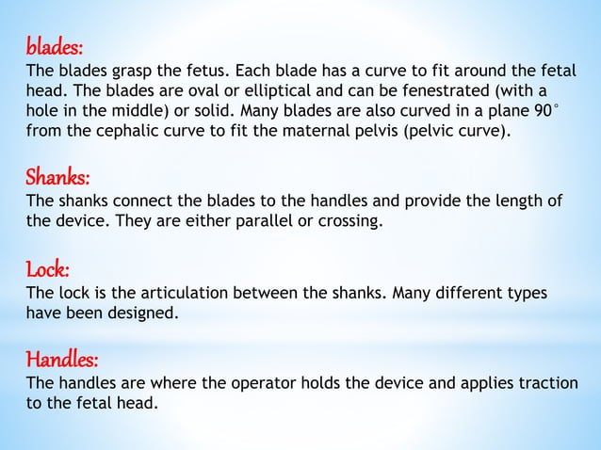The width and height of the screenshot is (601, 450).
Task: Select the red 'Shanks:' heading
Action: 58,177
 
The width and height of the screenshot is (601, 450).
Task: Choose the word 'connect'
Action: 133,201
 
